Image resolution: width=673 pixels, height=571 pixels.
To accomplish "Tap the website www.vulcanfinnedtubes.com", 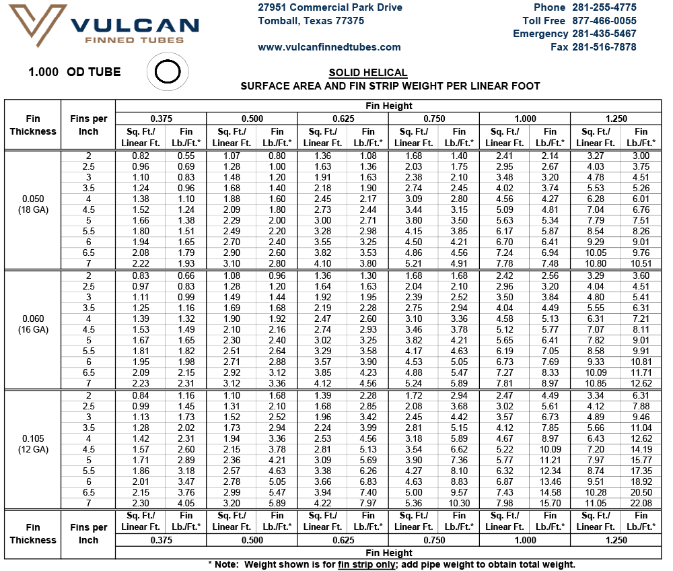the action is click(329, 47).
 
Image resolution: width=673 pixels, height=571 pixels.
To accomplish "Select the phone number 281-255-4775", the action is click(604, 7).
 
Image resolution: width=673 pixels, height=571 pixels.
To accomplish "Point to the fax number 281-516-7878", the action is click(604, 46).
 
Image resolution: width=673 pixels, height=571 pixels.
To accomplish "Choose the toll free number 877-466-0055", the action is click(604, 21).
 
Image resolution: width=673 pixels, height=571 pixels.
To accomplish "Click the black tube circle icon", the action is click(168, 71).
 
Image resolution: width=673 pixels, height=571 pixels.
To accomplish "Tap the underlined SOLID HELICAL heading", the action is click(368, 73).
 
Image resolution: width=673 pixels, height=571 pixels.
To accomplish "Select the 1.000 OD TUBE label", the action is click(75, 71).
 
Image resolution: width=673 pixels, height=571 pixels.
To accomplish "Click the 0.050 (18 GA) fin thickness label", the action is click(33, 204).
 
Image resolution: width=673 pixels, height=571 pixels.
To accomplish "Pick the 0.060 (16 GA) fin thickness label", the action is click(33, 324).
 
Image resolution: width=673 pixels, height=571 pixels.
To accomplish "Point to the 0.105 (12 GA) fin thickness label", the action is click(33, 444).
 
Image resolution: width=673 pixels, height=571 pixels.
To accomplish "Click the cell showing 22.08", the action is click(641, 503).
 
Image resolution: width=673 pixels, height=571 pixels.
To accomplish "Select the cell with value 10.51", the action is click(641, 263).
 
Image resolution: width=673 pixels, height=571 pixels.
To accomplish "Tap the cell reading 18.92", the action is click(641, 481).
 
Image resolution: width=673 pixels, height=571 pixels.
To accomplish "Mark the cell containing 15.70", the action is click(550, 503).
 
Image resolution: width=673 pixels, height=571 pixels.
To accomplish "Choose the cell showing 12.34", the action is click(550, 471).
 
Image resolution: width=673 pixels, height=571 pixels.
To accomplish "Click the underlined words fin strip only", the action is click(367, 564).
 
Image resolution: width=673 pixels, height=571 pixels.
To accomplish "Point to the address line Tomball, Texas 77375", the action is click(311, 21).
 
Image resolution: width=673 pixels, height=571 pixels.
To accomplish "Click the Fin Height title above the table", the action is click(389, 106).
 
